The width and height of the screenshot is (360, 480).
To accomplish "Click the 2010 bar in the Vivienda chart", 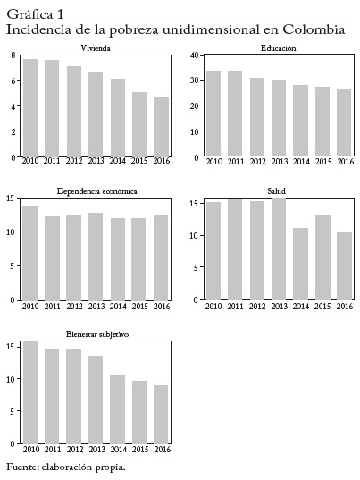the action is (30, 108).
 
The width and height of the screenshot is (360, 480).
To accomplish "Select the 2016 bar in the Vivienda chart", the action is (161, 127).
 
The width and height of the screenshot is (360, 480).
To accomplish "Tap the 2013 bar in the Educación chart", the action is (279, 118).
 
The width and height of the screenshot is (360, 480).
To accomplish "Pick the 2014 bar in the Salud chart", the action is (301, 264).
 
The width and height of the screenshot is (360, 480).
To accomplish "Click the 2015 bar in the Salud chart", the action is (322, 257).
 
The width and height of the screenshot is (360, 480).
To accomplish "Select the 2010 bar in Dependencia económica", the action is (30, 254).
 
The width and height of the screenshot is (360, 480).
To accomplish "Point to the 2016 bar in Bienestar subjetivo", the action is (161, 415).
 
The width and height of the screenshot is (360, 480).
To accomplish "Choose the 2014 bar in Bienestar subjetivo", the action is (117, 409).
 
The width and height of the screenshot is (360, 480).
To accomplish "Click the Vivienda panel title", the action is (96, 48).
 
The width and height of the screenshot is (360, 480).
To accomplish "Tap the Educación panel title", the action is (279, 48).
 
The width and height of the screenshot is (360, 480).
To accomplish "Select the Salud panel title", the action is (277, 191).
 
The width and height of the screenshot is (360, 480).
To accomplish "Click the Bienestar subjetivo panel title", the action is (97, 334).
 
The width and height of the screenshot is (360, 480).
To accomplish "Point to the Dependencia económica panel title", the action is (97, 191).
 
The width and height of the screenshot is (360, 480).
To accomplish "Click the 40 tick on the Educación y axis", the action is (194, 55).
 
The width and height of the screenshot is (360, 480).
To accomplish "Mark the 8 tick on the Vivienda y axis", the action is (13, 55).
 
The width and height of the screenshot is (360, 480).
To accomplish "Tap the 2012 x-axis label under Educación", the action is (257, 161).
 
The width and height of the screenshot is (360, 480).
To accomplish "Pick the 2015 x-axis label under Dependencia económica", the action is (139, 306).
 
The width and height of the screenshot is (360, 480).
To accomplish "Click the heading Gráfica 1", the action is (35, 14).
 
